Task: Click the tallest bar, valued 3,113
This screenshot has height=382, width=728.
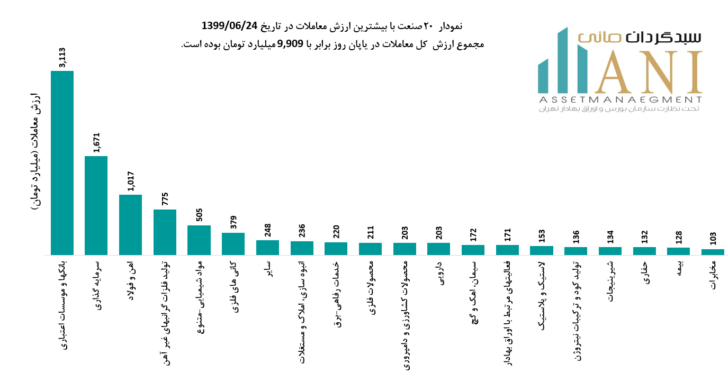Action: [62, 163]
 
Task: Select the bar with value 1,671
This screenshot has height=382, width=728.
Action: [96, 205]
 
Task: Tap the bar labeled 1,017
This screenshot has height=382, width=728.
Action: [130, 225]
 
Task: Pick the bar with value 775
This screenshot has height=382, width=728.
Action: [165, 232]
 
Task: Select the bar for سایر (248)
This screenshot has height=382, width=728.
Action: [267, 248]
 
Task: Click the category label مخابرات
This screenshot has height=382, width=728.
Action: [713, 275]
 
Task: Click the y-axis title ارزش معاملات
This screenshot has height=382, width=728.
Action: [36, 153]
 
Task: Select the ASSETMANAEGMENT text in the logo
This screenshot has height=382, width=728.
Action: [620, 99]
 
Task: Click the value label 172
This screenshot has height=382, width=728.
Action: [473, 233]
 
